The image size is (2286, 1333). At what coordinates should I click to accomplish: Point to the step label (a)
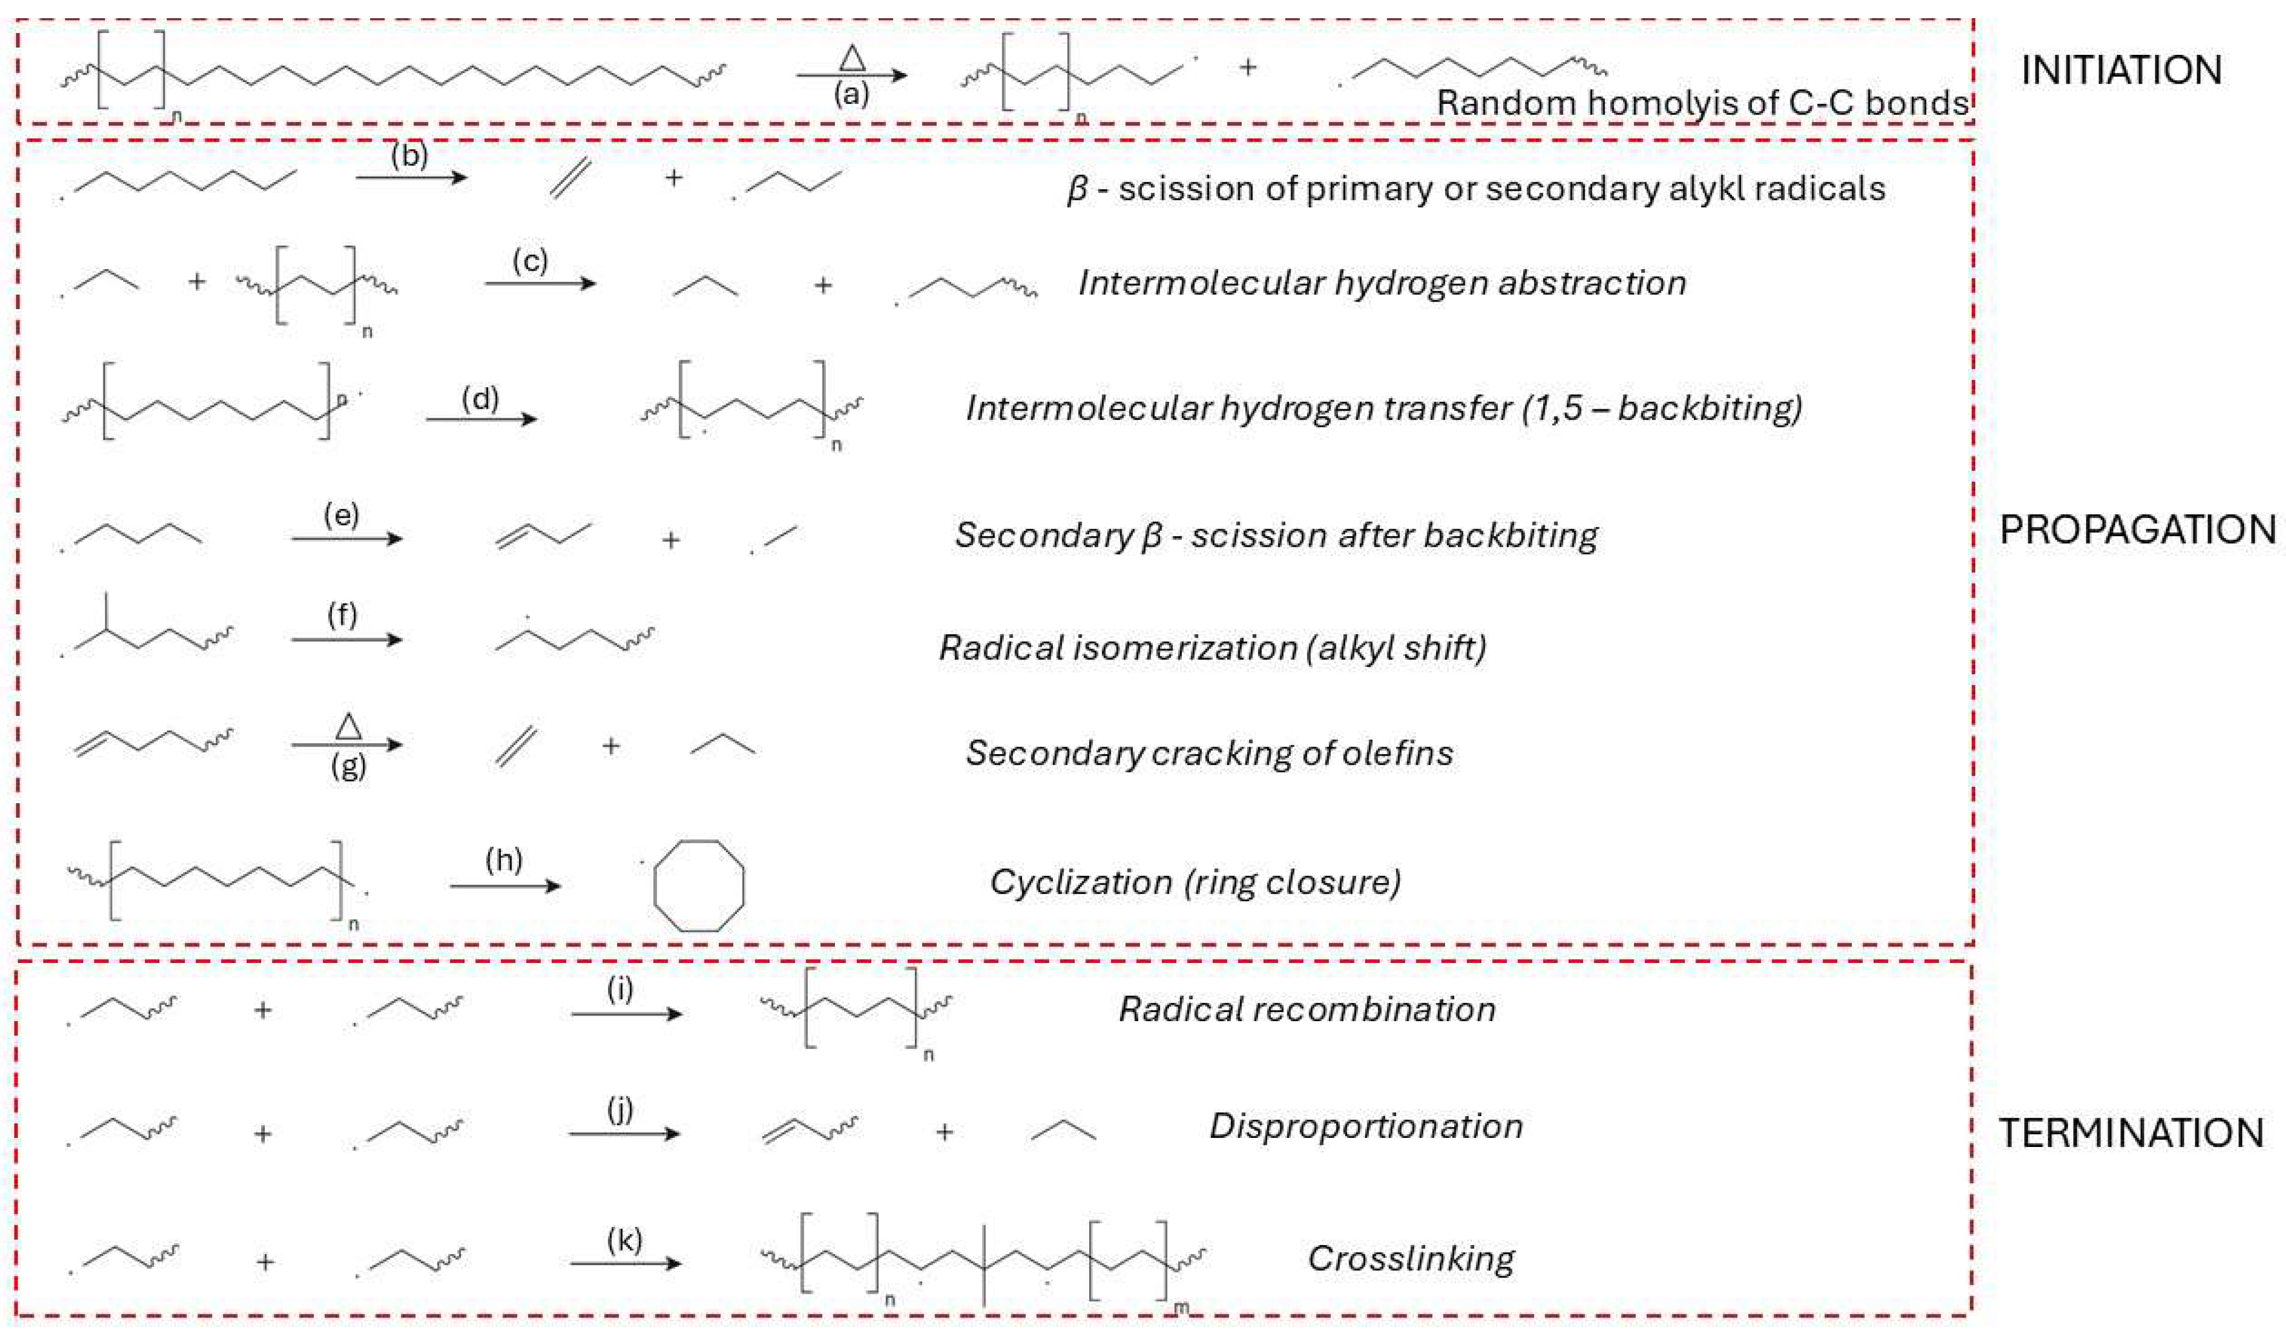[851, 94]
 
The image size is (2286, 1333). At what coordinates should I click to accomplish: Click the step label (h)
[505, 859]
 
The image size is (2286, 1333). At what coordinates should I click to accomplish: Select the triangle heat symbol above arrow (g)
[349, 726]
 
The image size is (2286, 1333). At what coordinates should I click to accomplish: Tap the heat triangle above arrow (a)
[852, 59]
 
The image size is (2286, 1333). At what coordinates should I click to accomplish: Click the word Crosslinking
[1410, 1258]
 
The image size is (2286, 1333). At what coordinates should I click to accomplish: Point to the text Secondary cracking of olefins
[1209, 753]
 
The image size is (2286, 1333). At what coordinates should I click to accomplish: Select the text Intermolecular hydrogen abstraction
[1382, 283]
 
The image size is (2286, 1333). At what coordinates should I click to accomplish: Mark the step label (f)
[342, 615]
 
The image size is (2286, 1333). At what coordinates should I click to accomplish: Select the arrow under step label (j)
[624, 1133]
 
